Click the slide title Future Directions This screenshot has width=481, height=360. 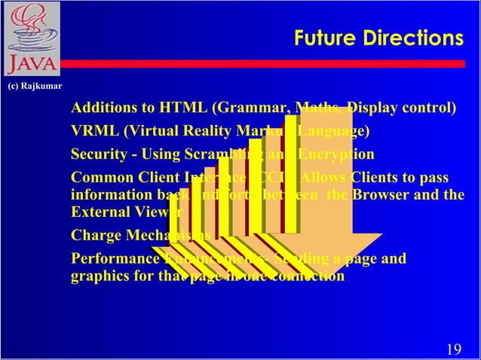[x=378, y=38]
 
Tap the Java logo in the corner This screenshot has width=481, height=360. [x=29, y=38]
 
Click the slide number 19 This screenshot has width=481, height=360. [x=454, y=349]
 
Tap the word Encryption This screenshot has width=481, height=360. [x=337, y=154]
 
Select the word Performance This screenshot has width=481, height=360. [x=114, y=259]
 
